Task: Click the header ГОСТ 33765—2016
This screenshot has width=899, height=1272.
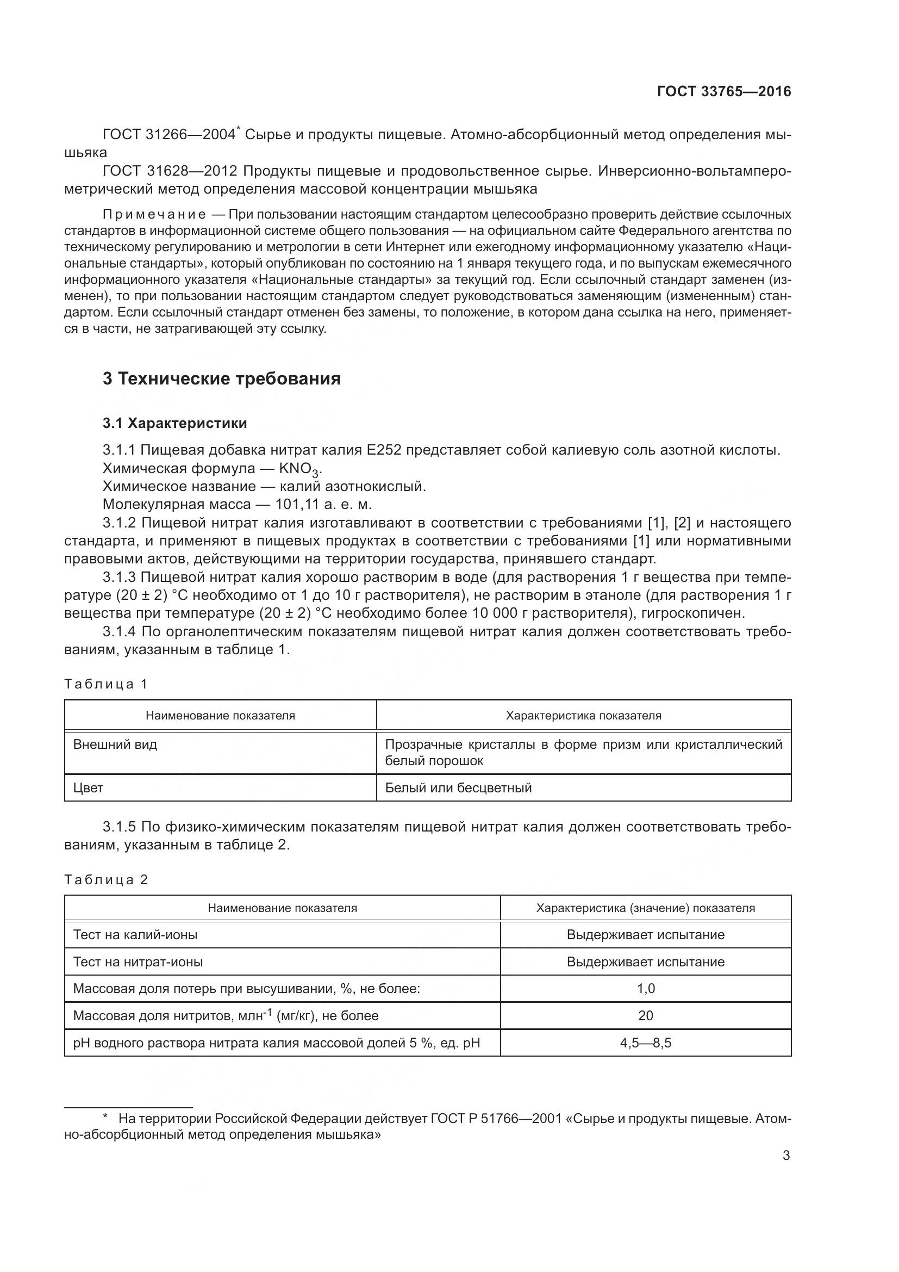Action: tap(723, 92)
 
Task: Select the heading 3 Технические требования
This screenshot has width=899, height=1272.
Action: tap(221, 379)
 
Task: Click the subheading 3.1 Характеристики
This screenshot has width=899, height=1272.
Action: tap(175, 423)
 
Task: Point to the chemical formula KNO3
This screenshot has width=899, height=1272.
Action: tap(299, 469)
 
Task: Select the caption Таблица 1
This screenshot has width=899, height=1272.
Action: tap(106, 684)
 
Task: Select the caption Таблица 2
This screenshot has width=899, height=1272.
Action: tap(106, 880)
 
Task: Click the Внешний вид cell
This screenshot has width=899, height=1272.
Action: tap(115, 744)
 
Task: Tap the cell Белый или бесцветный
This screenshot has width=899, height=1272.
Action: tap(458, 788)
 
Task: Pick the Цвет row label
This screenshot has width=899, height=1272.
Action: tap(89, 788)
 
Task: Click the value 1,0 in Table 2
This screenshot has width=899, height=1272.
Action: tap(646, 989)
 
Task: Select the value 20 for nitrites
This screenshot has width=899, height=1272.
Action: tap(646, 1016)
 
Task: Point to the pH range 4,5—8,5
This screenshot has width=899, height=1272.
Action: tap(646, 1043)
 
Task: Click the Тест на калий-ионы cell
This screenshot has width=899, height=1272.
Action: tap(136, 935)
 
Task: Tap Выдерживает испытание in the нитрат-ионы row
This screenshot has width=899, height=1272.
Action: tap(646, 962)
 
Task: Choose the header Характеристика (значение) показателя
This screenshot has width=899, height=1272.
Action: tap(646, 908)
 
